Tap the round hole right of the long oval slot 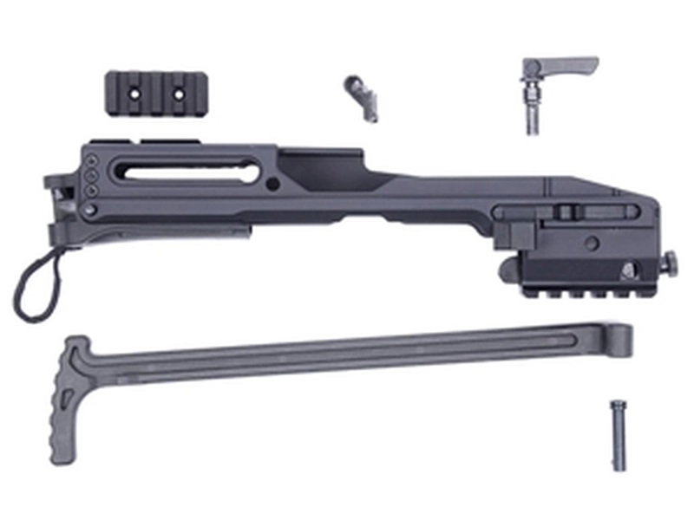(273, 184)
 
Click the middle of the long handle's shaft (347, 354)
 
